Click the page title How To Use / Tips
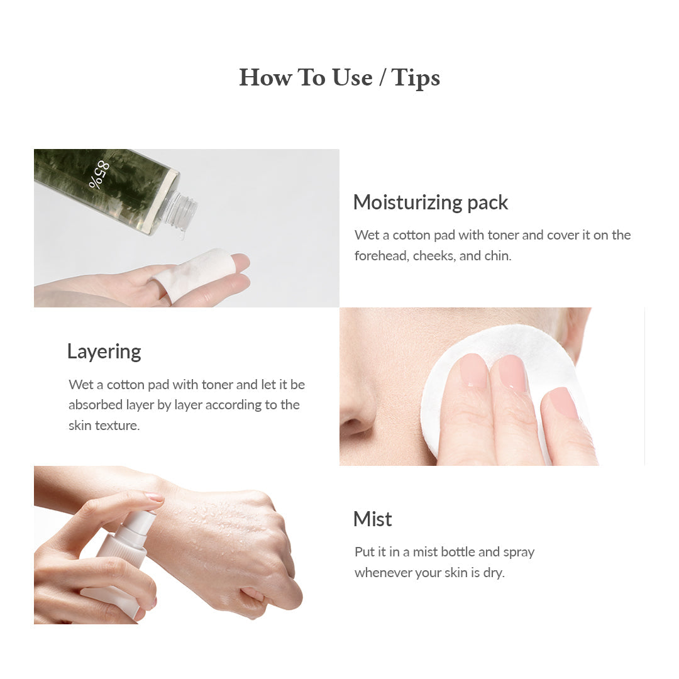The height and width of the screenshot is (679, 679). click(339, 77)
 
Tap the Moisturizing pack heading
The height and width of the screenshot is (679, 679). click(430, 202)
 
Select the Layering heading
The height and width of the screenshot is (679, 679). click(104, 351)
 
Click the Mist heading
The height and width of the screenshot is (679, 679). click(372, 519)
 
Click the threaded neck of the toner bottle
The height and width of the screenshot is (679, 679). click(184, 207)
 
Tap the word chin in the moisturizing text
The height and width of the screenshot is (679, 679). click(497, 256)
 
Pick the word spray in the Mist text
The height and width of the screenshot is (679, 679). click(519, 552)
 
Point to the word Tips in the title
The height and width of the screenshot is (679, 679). click(416, 77)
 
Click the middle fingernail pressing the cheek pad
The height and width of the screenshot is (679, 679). click(512, 374)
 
